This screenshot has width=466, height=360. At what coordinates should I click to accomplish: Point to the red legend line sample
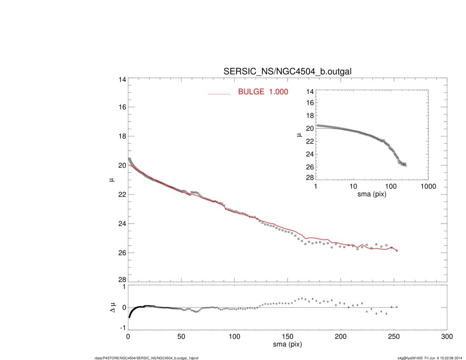click(219, 94)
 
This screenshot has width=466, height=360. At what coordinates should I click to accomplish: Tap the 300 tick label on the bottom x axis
click(447, 337)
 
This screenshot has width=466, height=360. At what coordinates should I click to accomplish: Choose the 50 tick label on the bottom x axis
click(181, 337)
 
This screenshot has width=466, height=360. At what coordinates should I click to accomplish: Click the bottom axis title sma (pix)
click(287, 345)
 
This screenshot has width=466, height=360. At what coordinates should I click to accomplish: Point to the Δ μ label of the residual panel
click(112, 307)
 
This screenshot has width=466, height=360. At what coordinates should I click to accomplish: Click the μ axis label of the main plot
click(112, 180)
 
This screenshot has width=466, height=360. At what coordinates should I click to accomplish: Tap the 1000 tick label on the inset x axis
click(428, 187)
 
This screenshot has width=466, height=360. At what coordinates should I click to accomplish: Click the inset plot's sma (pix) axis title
click(372, 194)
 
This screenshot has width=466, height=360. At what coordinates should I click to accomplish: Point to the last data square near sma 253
click(397, 251)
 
